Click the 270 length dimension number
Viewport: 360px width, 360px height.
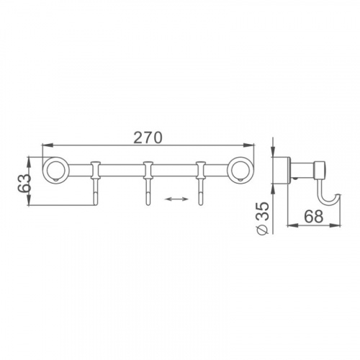coord(148,138)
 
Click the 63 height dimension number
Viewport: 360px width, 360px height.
coord(24,183)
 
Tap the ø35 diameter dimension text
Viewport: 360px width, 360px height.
coord(261,218)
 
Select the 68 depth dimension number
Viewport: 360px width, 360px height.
coord(314,216)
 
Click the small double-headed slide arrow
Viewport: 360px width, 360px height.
coord(177,199)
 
